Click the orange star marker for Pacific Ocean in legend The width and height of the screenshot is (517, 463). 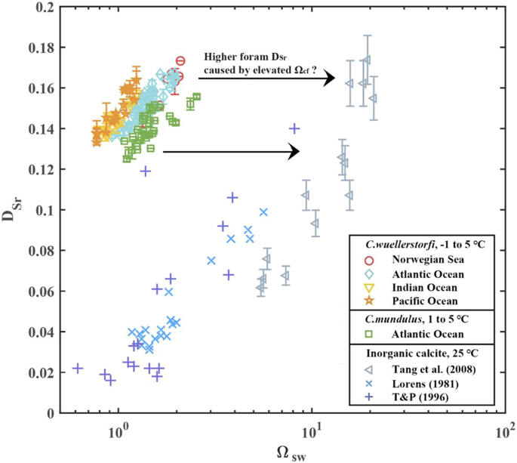[370, 302]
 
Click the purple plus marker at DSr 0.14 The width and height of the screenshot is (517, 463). [294, 128]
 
